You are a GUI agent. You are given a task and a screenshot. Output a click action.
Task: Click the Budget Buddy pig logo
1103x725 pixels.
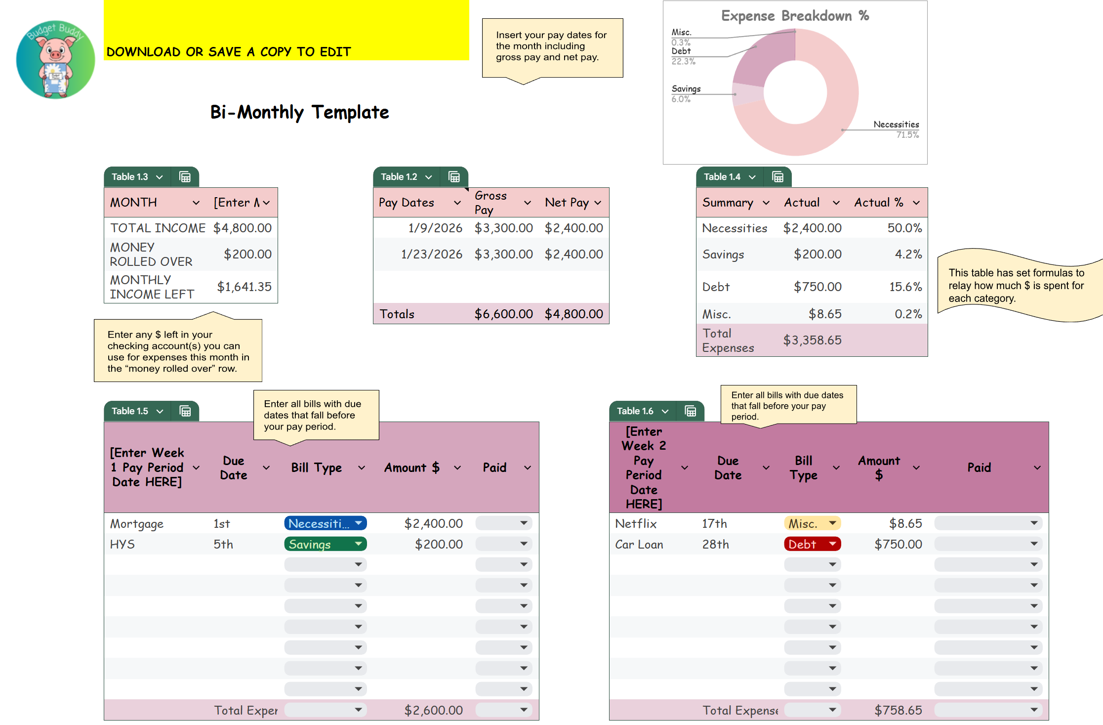coord(55,60)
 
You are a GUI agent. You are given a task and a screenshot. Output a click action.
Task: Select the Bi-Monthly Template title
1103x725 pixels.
coord(299,113)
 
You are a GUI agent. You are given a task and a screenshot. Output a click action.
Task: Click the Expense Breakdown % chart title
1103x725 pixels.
coord(795,16)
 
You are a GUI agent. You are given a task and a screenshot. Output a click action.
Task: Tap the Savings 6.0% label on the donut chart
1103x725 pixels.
coord(686,93)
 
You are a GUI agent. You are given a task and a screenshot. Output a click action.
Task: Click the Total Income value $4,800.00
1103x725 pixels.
coord(243,228)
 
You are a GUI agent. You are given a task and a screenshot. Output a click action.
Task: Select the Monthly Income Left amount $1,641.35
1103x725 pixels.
coord(245,287)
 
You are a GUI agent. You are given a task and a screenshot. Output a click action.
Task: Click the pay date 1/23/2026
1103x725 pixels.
coord(432,254)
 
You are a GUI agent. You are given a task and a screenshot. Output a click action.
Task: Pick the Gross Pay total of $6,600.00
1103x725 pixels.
coord(503,314)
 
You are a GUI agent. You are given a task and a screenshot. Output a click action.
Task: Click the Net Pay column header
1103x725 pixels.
coord(567,203)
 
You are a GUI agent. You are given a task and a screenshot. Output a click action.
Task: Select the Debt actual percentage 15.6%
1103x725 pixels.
coord(905,287)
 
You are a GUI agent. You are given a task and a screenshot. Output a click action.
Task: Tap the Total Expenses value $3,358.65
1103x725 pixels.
coord(812,340)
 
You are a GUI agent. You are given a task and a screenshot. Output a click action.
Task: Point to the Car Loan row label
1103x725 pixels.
coord(639,544)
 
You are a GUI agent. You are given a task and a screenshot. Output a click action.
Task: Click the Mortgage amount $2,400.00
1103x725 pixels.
coord(433,523)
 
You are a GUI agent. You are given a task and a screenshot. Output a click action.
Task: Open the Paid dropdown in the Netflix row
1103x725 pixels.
coord(988,523)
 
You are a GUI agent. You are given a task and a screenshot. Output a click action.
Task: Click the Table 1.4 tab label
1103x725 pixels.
coord(722,177)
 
